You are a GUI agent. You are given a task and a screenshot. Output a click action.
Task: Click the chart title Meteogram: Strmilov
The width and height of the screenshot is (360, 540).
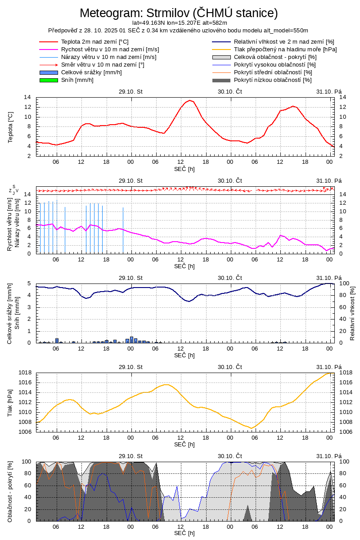pyautogui.click(x=179, y=12)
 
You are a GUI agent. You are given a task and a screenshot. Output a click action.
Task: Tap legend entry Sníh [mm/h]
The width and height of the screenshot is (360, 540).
pyautogui.click(x=77, y=80)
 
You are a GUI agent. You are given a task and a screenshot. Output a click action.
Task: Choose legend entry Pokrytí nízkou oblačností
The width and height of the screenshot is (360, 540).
pyautogui.click(x=273, y=80)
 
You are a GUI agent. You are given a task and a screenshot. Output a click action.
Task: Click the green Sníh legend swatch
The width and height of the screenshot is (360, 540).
pyautogui.click(x=49, y=80)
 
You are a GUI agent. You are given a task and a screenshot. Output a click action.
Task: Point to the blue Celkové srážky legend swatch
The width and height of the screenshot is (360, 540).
pyautogui.click(x=49, y=72)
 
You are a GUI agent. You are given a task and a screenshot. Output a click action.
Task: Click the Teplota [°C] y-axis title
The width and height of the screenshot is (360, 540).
pyautogui.click(x=11, y=126)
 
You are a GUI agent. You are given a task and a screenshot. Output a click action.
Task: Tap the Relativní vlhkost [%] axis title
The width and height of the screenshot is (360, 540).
pyautogui.click(x=352, y=313)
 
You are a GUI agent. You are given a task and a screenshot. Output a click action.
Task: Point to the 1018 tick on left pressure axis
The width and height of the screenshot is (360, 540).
pyautogui.click(x=24, y=373)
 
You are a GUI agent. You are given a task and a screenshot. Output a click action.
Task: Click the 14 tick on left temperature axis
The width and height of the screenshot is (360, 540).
pyautogui.click(x=27, y=97)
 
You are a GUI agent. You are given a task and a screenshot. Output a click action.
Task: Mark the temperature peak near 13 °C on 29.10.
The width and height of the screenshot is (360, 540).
pyautogui.click(x=190, y=100)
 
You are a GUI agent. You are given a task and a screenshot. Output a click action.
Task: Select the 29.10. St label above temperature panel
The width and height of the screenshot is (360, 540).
pyautogui.click(x=130, y=91)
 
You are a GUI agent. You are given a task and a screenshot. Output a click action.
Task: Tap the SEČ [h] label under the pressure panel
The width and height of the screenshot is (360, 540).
pyautogui.click(x=184, y=444)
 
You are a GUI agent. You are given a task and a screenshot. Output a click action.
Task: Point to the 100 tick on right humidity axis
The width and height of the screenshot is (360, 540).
pyautogui.click(x=343, y=283)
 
